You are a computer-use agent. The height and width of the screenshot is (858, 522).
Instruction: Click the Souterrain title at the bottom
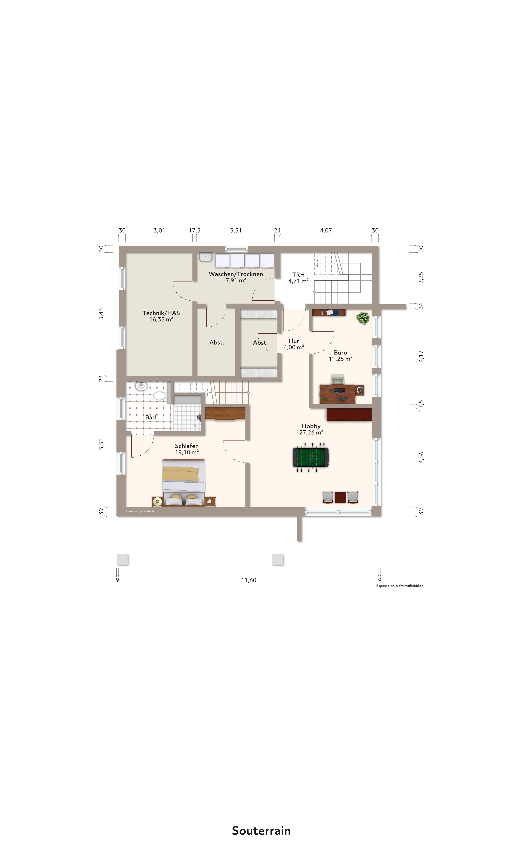[x=261, y=830]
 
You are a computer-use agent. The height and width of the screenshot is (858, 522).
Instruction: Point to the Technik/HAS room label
[x=161, y=313]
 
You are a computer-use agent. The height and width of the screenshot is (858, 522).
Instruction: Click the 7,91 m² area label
[x=236, y=280]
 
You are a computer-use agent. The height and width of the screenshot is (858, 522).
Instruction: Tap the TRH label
[x=298, y=275]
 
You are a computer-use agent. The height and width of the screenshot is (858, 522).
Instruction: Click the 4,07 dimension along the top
[x=326, y=230]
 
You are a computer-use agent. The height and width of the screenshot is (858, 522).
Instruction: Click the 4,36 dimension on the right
[x=421, y=457]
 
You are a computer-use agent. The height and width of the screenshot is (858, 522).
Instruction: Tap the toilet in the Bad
[x=160, y=396]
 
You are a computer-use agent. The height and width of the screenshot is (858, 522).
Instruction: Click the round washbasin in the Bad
[x=141, y=386]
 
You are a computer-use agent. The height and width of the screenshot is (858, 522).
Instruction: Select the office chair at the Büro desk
[x=337, y=380]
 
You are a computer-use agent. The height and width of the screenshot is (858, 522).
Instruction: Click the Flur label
[x=294, y=341]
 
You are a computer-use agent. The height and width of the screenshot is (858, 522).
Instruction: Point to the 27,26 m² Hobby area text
[x=311, y=432]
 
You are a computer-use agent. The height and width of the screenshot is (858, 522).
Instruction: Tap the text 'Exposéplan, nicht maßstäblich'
[x=399, y=586]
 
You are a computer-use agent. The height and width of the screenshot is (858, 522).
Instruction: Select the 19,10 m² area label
[x=187, y=452]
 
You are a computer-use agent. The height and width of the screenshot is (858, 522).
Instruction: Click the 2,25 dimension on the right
[x=421, y=277]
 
